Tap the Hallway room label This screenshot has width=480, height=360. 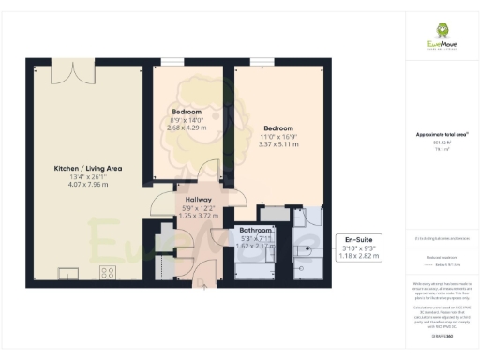pyautogui.click(x=198, y=200)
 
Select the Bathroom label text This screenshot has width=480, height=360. pyautogui.click(x=255, y=230)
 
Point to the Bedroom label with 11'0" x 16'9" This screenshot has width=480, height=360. pyautogui.click(x=277, y=128)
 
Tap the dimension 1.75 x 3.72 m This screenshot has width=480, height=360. pyautogui.click(x=198, y=215)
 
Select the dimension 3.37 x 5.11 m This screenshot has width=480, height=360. pyautogui.click(x=277, y=145)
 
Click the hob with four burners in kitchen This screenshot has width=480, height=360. pyautogui.click(x=107, y=274)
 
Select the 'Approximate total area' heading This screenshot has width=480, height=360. pyautogui.click(x=442, y=135)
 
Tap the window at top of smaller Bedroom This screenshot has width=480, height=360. pyautogui.click(x=172, y=63)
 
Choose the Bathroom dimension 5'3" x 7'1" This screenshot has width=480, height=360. pyautogui.click(x=255, y=238)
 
